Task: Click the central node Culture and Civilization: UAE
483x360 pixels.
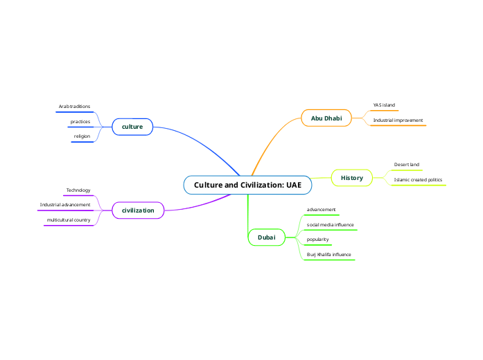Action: (x=247, y=185)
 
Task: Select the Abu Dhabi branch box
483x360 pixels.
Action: (x=326, y=118)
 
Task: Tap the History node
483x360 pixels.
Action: (x=352, y=178)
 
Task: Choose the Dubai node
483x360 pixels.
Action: (x=267, y=237)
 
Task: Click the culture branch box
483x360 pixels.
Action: (x=132, y=127)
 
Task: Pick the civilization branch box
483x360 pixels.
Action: (x=138, y=210)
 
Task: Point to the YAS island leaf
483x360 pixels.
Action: (x=384, y=105)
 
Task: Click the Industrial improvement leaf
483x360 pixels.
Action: (x=398, y=120)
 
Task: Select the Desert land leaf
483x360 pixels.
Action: (x=407, y=165)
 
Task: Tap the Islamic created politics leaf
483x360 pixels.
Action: (x=418, y=180)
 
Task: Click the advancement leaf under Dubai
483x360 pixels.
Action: (x=322, y=209)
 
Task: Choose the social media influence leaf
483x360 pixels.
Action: (x=331, y=224)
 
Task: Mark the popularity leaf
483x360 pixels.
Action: (x=318, y=240)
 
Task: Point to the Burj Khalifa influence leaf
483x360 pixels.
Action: (x=329, y=255)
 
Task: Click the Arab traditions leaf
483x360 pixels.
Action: (x=74, y=107)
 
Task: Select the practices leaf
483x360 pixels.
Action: (x=80, y=122)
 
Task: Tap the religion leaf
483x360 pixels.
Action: (x=82, y=136)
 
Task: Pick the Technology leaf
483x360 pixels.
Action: (x=78, y=190)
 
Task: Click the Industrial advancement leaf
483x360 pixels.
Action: (x=65, y=205)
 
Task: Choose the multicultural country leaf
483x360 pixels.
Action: (x=69, y=220)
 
